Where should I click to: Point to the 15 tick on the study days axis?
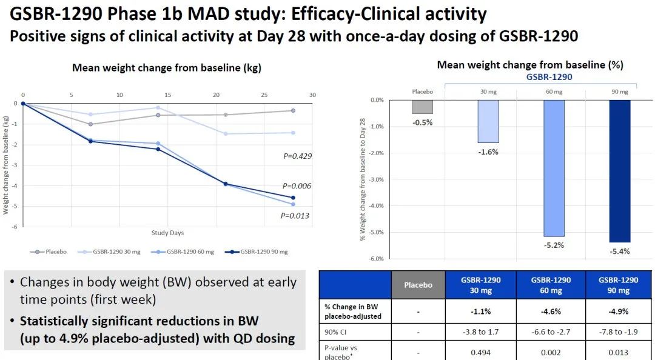[167, 95]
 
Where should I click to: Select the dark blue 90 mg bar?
[620, 171]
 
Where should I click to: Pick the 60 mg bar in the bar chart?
[554, 168]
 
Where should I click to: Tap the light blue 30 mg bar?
[488, 121]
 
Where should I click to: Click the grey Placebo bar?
[422, 107]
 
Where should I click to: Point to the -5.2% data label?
[554, 245]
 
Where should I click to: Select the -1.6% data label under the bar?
[488, 152]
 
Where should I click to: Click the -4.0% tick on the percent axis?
[376, 206]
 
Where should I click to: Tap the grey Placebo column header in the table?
[418, 285]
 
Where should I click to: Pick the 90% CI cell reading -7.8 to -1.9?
[619, 333]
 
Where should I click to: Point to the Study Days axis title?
[167, 233]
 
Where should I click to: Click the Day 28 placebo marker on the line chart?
[293, 110]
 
